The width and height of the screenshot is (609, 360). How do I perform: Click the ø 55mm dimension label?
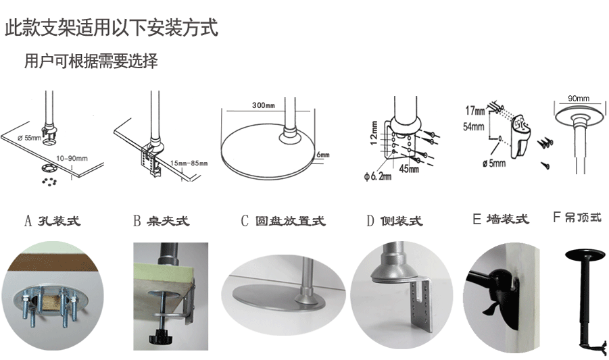click(x=29, y=138)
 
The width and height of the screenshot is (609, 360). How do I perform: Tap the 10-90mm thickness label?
click(x=72, y=158)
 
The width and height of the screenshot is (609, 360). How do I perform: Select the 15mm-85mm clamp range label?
click(x=189, y=163)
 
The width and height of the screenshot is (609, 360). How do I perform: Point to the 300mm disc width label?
click(x=264, y=105)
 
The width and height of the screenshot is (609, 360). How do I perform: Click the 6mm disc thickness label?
click(x=323, y=155)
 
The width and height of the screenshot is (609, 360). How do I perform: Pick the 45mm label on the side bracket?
click(x=409, y=169)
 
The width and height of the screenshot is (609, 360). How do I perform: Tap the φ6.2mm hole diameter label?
click(x=378, y=176)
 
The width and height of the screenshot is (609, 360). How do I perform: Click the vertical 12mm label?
click(x=374, y=133)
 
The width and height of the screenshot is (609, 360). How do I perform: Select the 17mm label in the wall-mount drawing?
click(x=475, y=111)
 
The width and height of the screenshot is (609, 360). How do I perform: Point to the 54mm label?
click(x=473, y=126)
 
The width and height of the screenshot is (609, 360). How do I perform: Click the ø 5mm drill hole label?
click(x=494, y=163)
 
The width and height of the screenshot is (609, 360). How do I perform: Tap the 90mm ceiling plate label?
click(x=579, y=99)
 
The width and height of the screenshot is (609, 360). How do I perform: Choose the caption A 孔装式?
click(x=53, y=221)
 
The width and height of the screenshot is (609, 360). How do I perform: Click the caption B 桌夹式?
click(x=161, y=221)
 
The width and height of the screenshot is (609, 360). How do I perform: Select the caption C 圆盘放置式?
click(x=283, y=221)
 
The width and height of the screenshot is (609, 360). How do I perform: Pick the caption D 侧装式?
click(x=394, y=221)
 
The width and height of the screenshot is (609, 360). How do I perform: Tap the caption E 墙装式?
click(x=501, y=220)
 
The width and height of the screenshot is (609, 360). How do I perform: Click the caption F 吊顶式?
click(x=577, y=217)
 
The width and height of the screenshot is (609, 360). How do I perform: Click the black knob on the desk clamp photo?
click(x=160, y=336)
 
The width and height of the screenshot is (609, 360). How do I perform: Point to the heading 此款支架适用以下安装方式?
click(x=112, y=28)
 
